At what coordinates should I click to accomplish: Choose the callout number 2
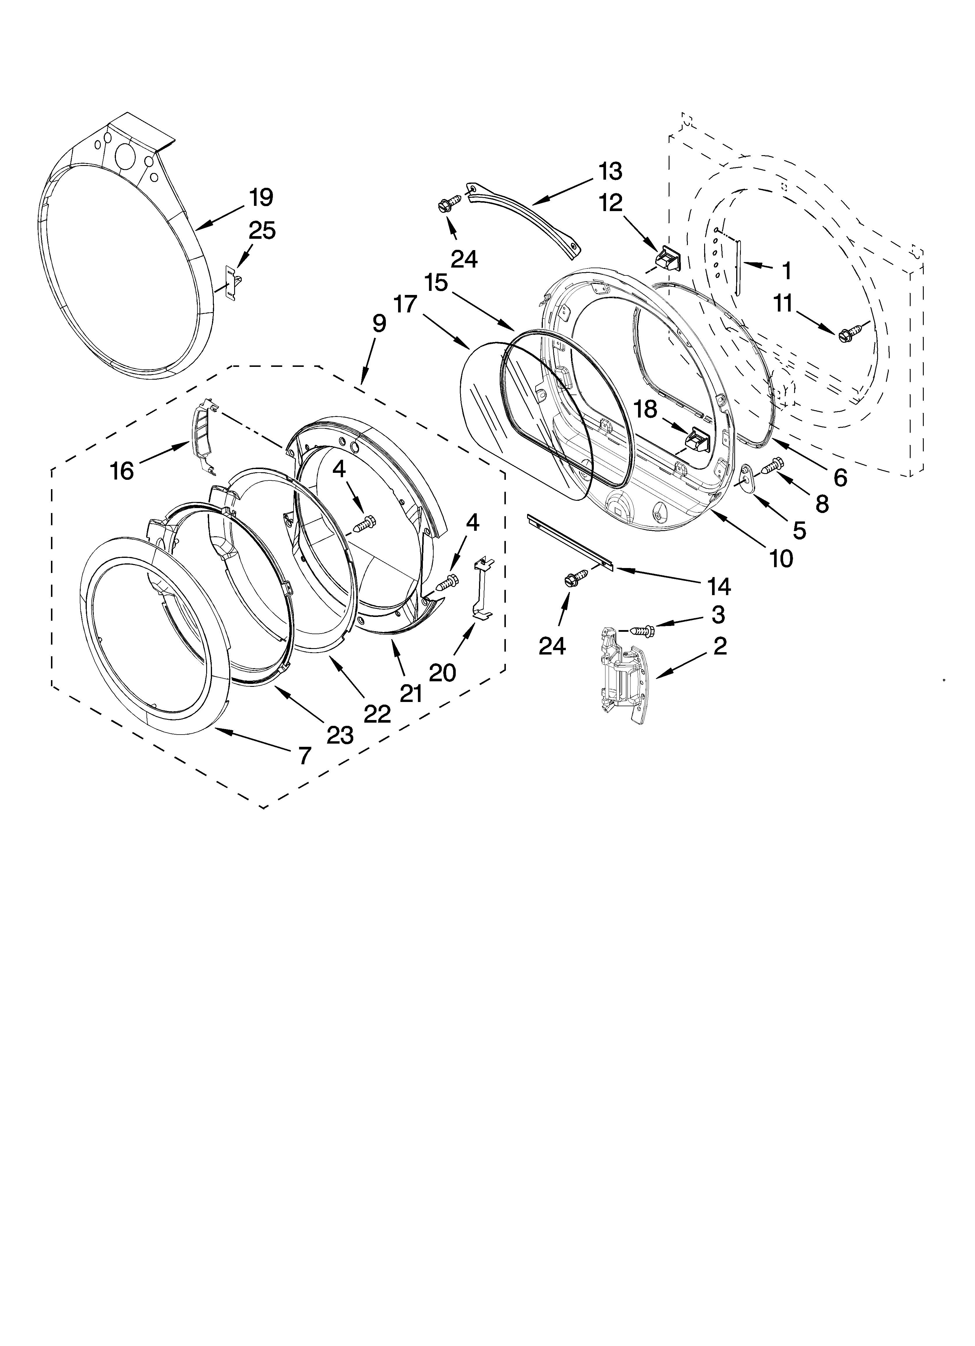coord(720,646)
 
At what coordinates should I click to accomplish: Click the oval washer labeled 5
coord(747,477)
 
